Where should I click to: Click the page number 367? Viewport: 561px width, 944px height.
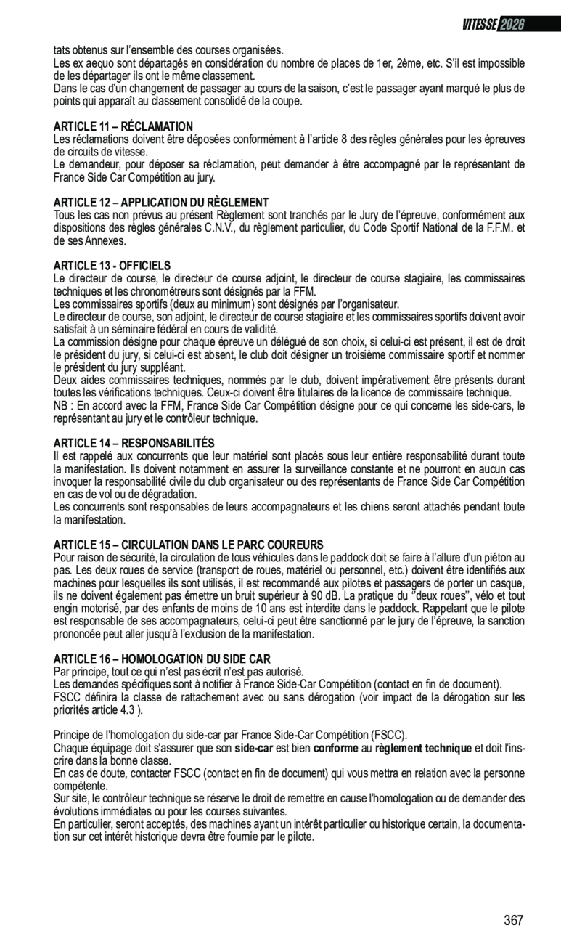(513, 921)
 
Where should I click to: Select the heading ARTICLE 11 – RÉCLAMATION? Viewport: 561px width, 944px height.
(123, 126)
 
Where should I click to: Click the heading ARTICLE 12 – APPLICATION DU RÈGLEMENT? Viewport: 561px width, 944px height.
(161, 202)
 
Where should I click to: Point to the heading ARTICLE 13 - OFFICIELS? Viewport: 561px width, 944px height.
(112, 266)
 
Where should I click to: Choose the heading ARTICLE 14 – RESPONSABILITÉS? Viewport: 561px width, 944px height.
(134, 443)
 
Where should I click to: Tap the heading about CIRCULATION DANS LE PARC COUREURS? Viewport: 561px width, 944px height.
(189, 545)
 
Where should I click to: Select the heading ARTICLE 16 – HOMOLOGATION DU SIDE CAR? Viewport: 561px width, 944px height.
(162, 659)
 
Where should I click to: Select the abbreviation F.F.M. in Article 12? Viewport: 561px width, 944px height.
(500, 228)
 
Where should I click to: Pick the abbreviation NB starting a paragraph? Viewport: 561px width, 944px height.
(61, 406)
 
